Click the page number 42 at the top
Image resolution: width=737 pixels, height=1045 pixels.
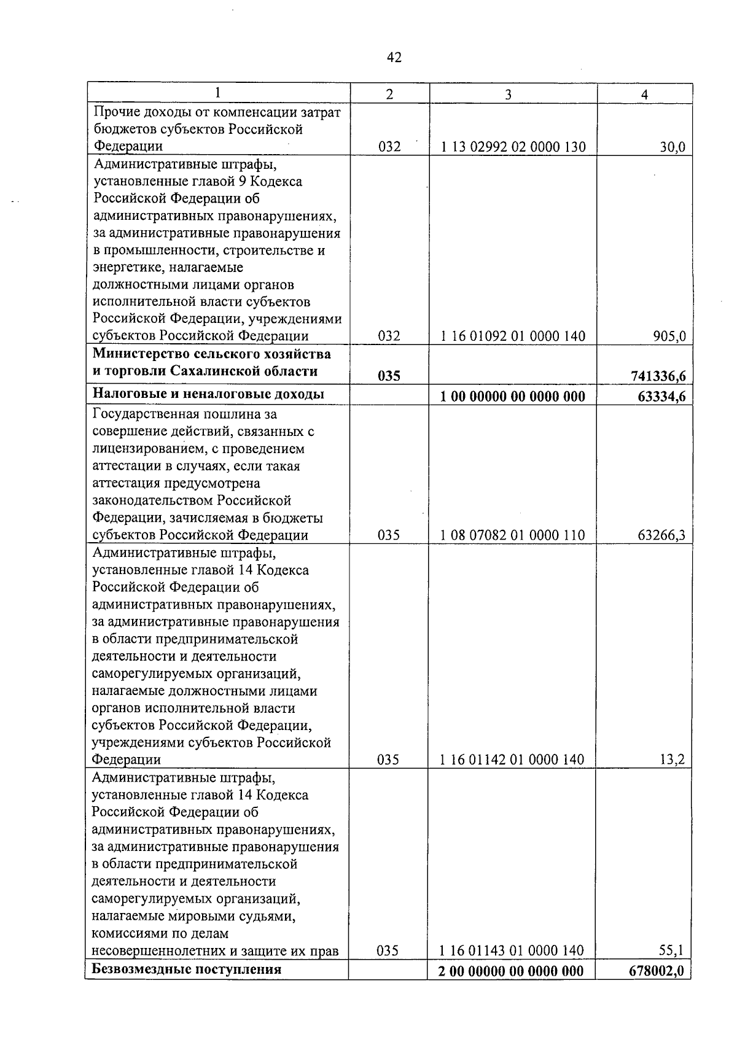pos(394,58)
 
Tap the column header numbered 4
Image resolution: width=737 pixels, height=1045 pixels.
pos(644,94)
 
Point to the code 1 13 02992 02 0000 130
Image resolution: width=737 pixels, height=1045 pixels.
pos(513,147)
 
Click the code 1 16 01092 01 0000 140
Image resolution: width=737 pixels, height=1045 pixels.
pos(513,336)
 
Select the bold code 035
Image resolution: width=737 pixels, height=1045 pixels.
pos(389,376)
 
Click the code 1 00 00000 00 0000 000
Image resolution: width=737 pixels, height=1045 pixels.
pos(513,396)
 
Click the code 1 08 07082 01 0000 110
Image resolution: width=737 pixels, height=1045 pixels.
pos(513,535)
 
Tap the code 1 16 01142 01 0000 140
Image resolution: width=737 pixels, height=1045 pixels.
pos(512,759)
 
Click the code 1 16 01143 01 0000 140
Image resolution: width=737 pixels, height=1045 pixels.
pos(512,950)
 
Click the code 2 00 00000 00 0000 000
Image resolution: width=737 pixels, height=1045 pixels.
pos(512,971)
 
